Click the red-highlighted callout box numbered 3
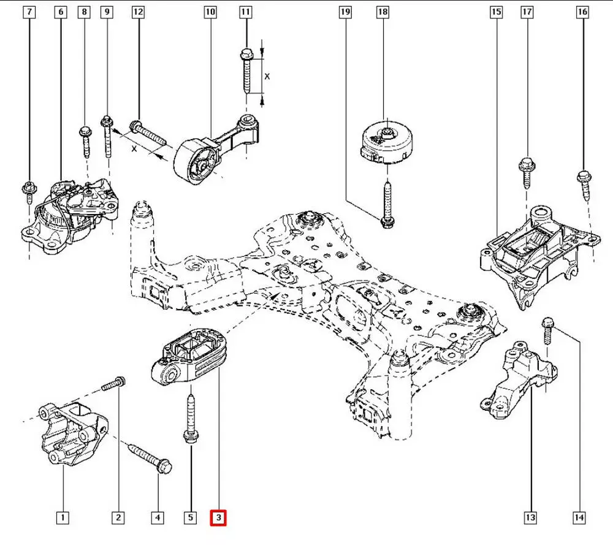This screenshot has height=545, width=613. pyautogui.click(x=219, y=518)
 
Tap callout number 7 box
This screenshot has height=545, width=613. pyautogui.click(x=29, y=12)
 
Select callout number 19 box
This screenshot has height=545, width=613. pyautogui.click(x=345, y=12)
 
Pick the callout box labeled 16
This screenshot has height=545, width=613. pyautogui.click(x=582, y=12)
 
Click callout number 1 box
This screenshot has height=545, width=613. pyautogui.click(x=61, y=518)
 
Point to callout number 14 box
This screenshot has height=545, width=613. pyautogui.click(x=578, y=518)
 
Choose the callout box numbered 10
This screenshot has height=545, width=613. pyautogui.click(x=210, y=12)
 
